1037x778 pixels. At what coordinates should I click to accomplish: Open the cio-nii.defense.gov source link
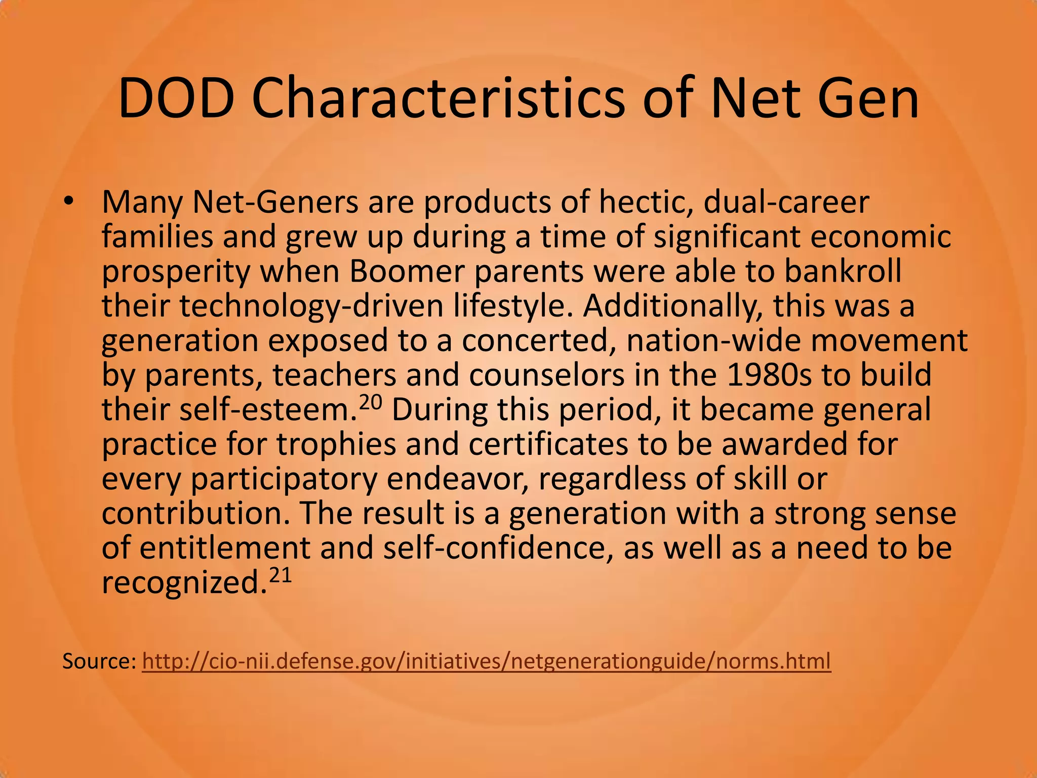tap(486, 662)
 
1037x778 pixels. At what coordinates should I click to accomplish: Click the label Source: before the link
tap(99, 662)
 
